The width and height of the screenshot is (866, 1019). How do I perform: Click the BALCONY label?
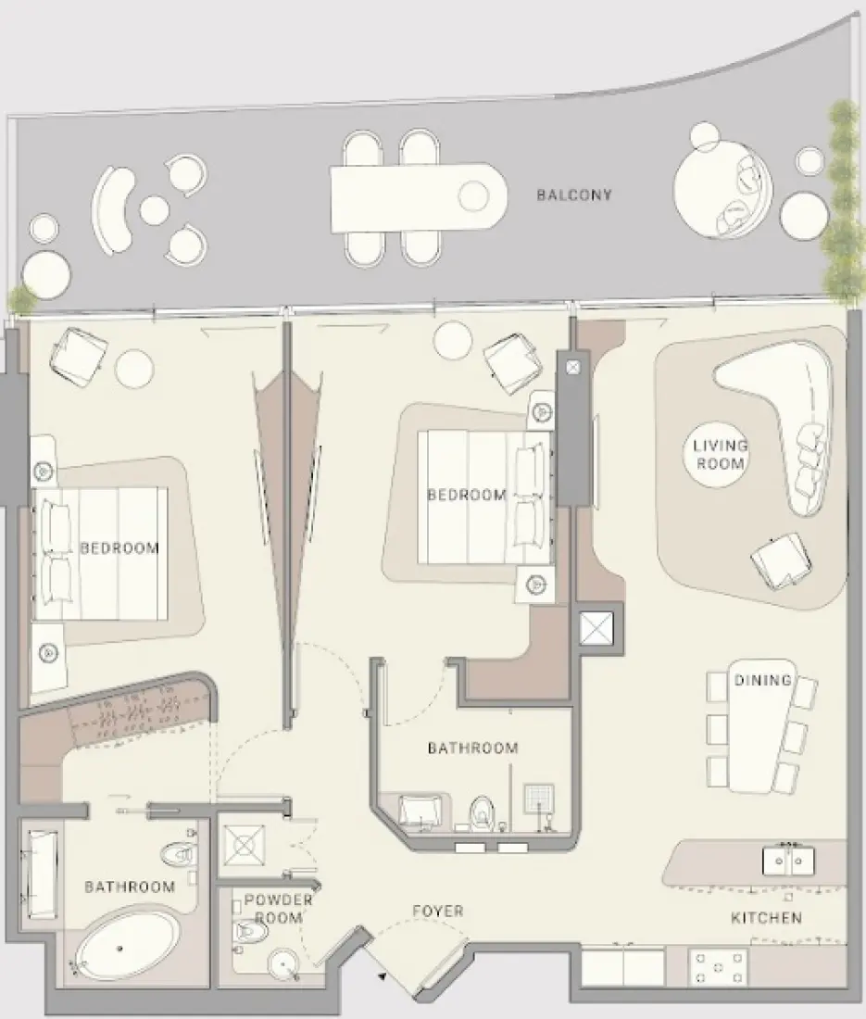click(574, 195)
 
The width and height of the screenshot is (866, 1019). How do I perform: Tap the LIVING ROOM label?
click(720, 454)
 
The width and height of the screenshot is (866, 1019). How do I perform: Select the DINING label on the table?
click(762, 681)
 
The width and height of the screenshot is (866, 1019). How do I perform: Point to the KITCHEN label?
click(766, 918)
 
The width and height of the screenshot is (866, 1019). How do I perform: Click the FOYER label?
click(438, 912)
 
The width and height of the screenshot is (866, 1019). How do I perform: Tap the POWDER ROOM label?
click(278, 908)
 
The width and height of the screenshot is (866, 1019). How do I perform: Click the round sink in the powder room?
click(284, 964)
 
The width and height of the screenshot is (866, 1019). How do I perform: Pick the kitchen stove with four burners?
click(719, 968)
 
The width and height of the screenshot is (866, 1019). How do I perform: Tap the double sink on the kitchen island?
click(788, 862)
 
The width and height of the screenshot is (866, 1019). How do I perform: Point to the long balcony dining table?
click(417, 196)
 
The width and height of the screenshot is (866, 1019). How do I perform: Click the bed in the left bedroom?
click(102, 553)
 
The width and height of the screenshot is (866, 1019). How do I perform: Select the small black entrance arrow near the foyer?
click(381, 976)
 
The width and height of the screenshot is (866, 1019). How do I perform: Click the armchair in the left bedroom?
click(79, 353)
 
